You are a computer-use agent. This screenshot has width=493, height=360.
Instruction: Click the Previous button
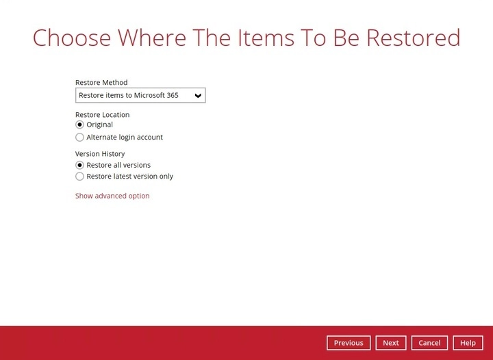[349, 343]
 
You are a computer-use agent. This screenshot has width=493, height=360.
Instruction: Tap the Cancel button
[429, 343]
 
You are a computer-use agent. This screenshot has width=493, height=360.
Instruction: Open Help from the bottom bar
[468, 343]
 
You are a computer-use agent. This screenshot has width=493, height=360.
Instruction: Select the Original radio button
[79, 125]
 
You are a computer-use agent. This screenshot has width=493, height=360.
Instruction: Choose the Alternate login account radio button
[79, 138]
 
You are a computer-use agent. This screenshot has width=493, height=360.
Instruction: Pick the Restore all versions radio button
[79, 165]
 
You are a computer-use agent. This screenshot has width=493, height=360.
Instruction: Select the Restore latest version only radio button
[79, 177]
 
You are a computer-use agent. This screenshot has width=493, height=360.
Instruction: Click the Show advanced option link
[112, 196]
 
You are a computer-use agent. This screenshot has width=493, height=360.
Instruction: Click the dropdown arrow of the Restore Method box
[198, 95]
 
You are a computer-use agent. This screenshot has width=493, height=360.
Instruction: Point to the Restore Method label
[101, 83]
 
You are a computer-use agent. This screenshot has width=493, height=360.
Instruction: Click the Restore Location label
[102, 115]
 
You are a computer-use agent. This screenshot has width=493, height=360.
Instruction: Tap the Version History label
[100, 154]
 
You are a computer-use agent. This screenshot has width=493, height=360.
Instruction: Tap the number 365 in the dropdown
[172, 95]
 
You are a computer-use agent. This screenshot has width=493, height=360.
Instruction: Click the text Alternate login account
[125, 138]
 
